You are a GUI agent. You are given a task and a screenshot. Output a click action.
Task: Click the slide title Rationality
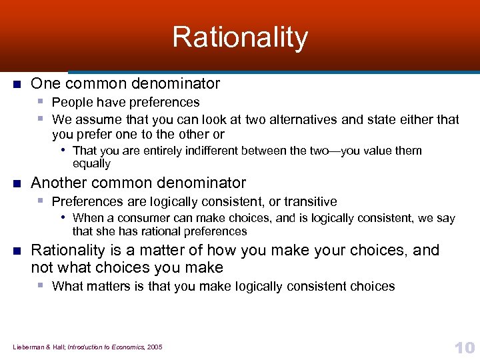(240, 37)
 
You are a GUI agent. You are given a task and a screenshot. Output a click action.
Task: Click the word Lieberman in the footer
(26, 347)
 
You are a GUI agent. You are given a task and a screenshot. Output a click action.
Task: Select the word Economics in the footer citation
(121, 347)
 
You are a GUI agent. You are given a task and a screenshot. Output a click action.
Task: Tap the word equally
(91, 163)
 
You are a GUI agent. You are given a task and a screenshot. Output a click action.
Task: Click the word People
(69, 102)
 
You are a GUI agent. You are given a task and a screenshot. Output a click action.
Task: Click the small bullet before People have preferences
(41, 101)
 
